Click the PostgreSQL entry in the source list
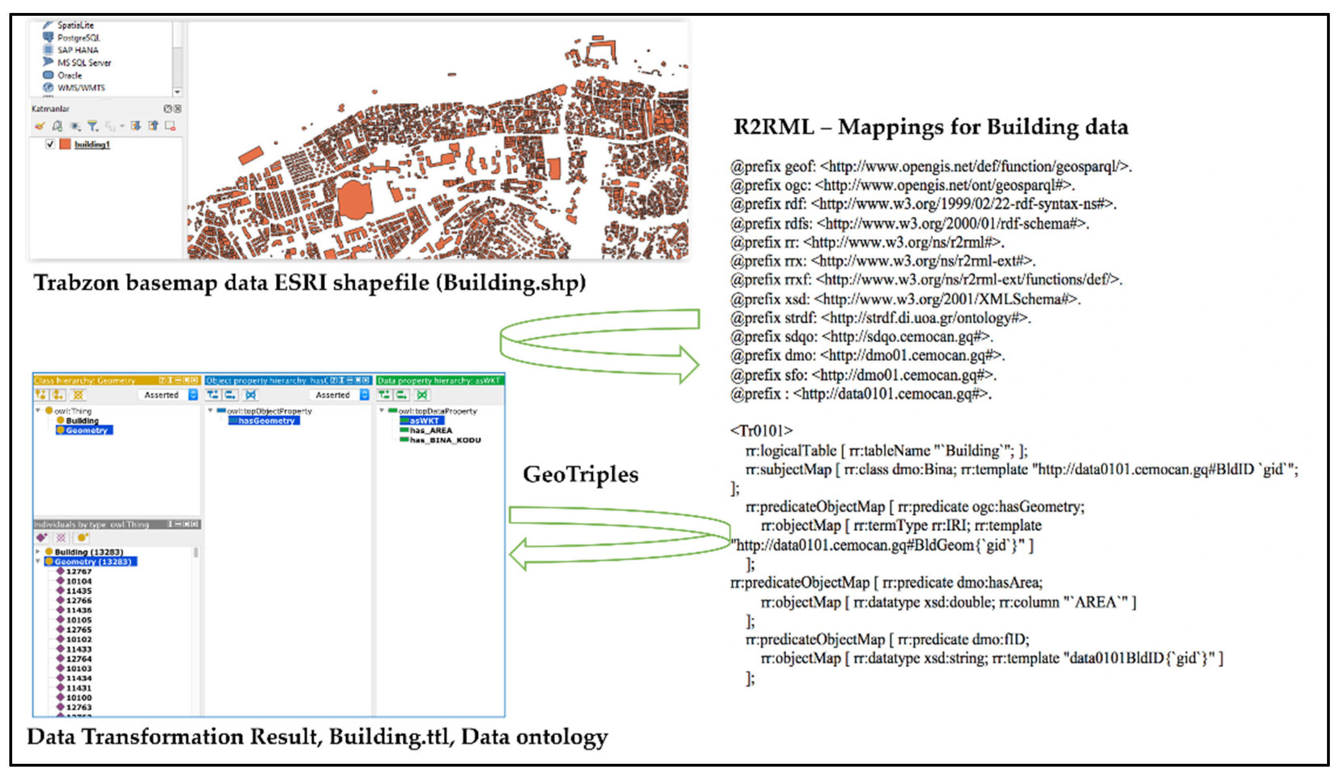pyautogui.click(x=78, y=38)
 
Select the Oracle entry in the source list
pyautogui.click(x=69, y=75)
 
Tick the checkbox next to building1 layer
pyautogui.click(x=50, y=144)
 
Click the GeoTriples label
pyautogui.click(x=580, y=474)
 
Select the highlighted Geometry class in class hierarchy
pyautogui.click(x=85, y=430)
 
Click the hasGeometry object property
pyautogui.click(x=265, y=421)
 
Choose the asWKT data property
pyautogui.click(x=423, y=421)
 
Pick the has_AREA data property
pyautogui.click(x=430, y=430)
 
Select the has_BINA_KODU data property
pyautogui.click(x=445, y=440)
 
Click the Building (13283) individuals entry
pyautogui.click(x=88, y=552)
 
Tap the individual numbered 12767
pyautogui.click(x=78, y=571)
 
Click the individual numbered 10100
pyautogui.click(x=78, y=697)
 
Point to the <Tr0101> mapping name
pyautogui.click(x=761, y=430)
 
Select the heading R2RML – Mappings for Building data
pyautogui.click(x=930, y=127)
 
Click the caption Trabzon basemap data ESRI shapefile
pyautogui.click(x=309, y=283)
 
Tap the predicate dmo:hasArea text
pyautogui.click(x=961, y=583)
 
